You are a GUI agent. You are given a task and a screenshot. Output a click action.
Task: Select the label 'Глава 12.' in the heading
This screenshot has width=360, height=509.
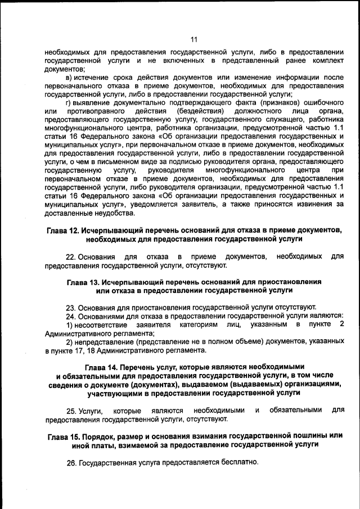coord(62,231)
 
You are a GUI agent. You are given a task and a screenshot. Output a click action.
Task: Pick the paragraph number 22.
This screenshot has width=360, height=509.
coord(71,257)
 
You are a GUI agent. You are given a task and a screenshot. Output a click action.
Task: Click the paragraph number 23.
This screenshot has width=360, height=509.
coord(71,307)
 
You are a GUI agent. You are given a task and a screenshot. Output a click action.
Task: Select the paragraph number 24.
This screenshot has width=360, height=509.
coord(71,316)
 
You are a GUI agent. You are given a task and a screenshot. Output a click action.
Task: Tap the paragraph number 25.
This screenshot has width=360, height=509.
coord(71,411)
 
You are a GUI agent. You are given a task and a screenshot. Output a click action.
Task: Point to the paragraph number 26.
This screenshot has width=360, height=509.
coord(71,462)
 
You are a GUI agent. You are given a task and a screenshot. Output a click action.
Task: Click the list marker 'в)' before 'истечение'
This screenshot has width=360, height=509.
coord(70,76)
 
